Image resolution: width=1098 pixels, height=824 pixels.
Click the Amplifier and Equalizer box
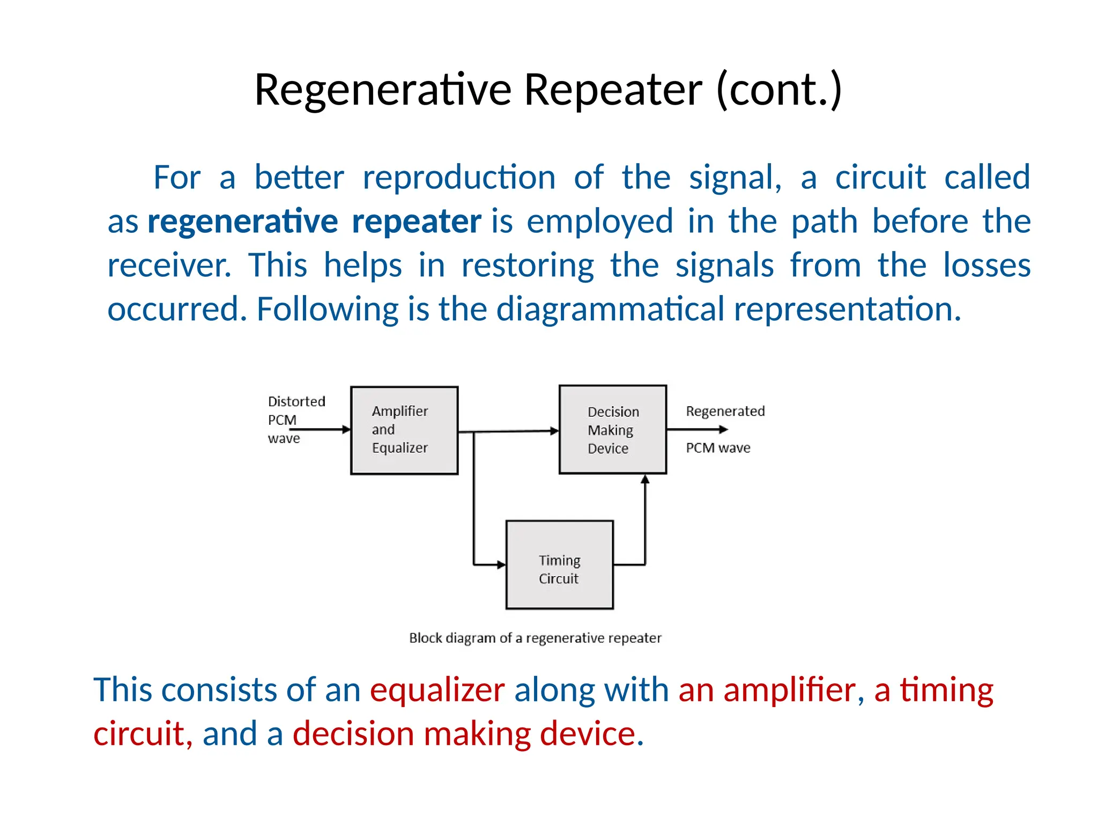(404, 430)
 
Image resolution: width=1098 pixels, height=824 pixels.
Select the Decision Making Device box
(613, 430)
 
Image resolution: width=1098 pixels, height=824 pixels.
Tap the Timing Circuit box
(560, 565)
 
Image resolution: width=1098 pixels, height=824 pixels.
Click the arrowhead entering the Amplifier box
(346, 429)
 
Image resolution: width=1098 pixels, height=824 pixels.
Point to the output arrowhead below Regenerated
(723, 429)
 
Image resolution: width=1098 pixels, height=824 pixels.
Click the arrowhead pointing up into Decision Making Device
(645, 479)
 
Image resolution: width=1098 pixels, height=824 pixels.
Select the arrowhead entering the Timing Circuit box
(501, 564)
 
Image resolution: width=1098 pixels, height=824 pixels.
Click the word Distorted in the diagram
(296, 401)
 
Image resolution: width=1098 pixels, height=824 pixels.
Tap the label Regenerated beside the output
(725, 411)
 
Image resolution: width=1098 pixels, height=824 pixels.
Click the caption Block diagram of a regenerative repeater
(535, 638)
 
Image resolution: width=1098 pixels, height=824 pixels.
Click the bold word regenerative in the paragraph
(242, 221)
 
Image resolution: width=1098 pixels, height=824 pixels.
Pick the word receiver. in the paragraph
(169, 265)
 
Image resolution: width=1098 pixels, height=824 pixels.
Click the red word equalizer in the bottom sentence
(437, 689)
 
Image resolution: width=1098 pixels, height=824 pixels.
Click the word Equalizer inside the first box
(400, 447)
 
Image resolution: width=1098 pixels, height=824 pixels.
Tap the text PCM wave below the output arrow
(718, 447)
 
